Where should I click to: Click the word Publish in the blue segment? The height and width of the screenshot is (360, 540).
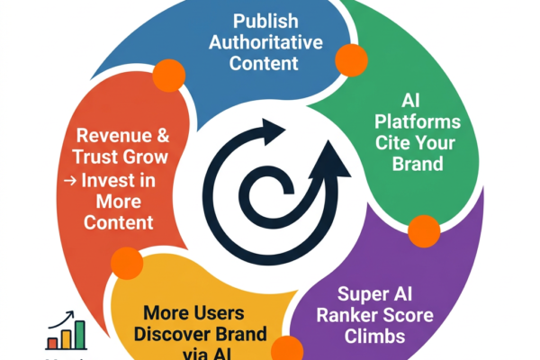point(267,20)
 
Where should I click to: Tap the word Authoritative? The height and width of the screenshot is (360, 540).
point(267,41)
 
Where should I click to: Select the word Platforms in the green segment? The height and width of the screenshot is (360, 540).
point(429,121)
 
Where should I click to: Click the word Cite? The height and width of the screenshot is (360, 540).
point(411,143)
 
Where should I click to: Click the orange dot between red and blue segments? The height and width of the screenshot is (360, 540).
point(167,73)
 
